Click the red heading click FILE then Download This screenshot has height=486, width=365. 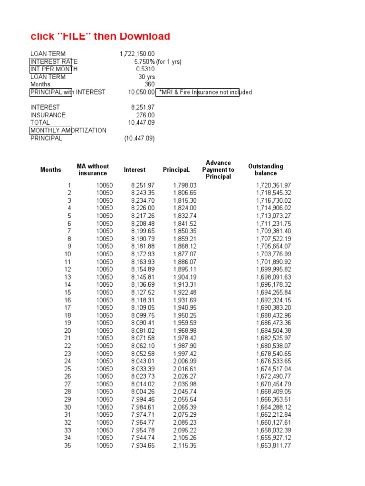pos(100,37)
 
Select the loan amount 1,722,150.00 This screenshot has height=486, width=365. pos(137,54)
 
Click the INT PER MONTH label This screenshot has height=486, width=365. pos(54,69)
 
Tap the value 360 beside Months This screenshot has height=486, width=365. pos(149,84)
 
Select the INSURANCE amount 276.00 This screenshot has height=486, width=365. pos(145,115)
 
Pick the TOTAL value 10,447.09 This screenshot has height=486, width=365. pos(141,122)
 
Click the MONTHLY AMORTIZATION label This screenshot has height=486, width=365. pos(68,130)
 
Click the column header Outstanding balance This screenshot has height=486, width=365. pos(265,169)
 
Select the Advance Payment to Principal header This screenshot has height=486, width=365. pos(218,169)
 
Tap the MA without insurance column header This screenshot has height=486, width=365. pos(93,169)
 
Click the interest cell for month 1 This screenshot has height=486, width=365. pos(143,185)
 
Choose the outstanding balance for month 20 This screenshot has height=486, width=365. pos(273,331)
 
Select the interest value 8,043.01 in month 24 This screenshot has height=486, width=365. pos(143,361)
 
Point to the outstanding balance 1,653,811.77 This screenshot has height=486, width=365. pos(273,446)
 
